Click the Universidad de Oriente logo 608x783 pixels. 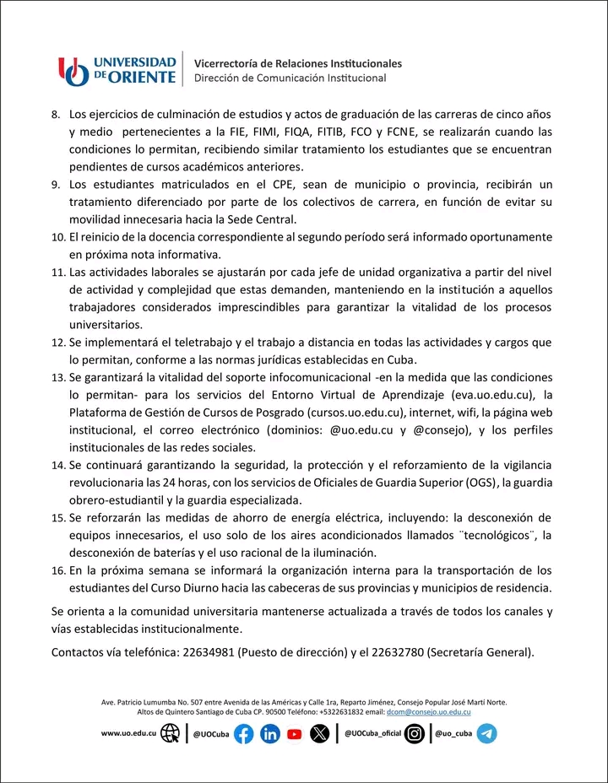(x=117, y=71)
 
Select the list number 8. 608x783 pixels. (x=57, y=114)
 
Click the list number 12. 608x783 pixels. (x=58, y=342)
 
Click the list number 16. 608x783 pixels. (x=58, y=570)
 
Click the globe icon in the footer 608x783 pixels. (x=171, y=733)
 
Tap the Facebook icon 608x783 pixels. (x=243, y=734)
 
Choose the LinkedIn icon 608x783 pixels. (x=270, y=734)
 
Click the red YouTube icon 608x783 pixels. (x=294, y=734)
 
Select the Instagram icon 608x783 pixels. (x=414, y=734)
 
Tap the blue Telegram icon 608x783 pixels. (x=486, y=734)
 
